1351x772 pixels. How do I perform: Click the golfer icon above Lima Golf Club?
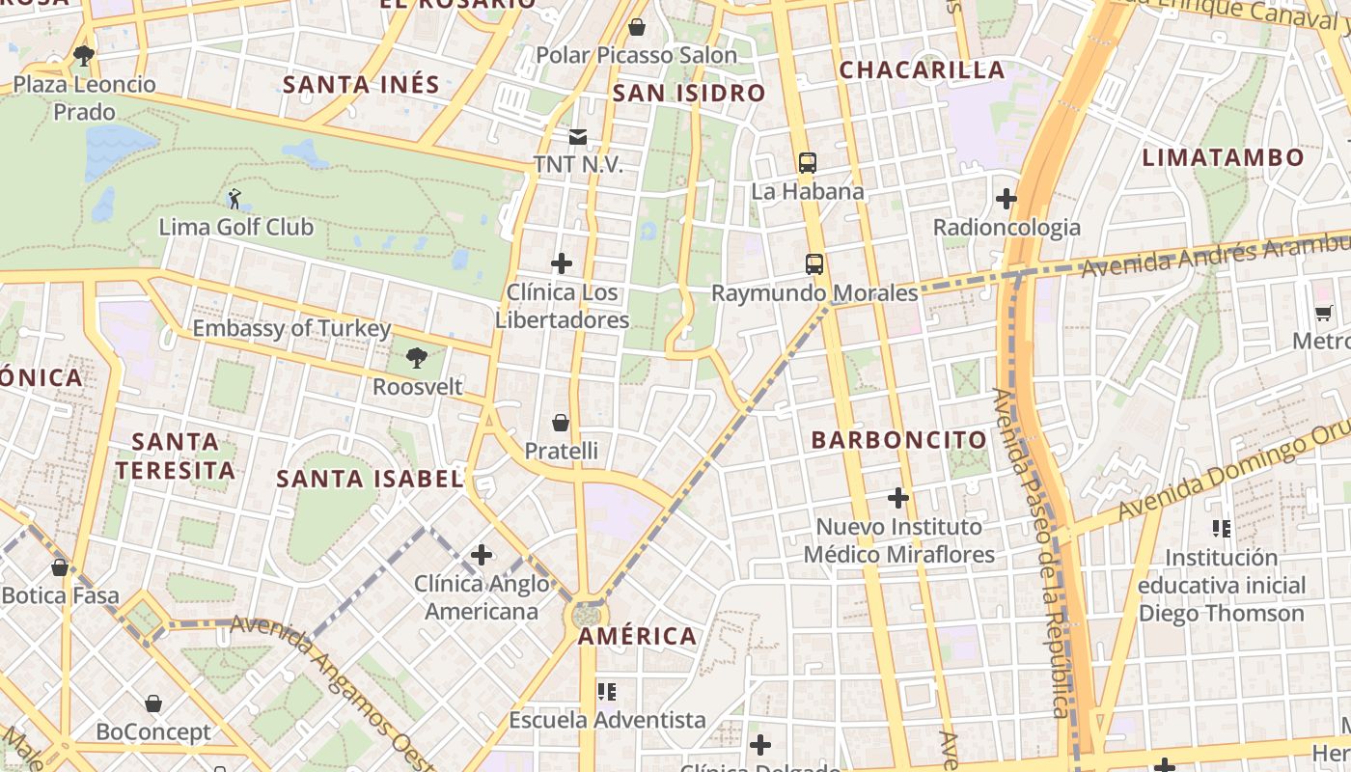pyautogui.click(x=234, y=200)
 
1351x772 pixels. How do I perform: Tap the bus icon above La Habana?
pyautogui.click(x=808, y=163)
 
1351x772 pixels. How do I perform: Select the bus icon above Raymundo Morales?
pyautogui.click(x=814, y=263)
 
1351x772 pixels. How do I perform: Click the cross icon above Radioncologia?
pyautogui.click(x=1006, y=199)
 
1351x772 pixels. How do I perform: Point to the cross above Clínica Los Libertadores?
pyautogui.click(x=562, y=263)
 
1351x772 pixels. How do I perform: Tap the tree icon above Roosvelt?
pyautogui.click(x=417, y=358)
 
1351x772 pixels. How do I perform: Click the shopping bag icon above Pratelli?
pyautogui.click(x=561, y=423)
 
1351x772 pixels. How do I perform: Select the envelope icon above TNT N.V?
pyautogui.click(x=578, y=137)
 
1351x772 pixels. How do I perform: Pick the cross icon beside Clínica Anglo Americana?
pyautogui.click(x=482, y=555)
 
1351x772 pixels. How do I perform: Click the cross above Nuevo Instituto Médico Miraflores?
pyautogui.click(x=898, y=498)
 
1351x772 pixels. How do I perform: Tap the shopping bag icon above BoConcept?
pyautogui.click(x=153, y=703)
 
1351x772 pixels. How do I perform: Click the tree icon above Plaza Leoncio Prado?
pyautogui.click(x=84, y=56)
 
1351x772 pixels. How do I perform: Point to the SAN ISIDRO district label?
pyautogui.click(x=689, y=94)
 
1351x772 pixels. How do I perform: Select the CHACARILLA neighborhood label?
pyautogui.click(x=922, y=69)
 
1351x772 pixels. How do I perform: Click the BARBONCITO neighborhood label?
pyautogui.click(x=899, y=440)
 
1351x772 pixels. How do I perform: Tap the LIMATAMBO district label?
pyautogui.click(x=1223, y=157)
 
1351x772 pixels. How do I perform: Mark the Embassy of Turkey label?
pyautogui.click(x=291, y=328)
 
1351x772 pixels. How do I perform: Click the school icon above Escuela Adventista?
pyautogui.click(x=607, y=691)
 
